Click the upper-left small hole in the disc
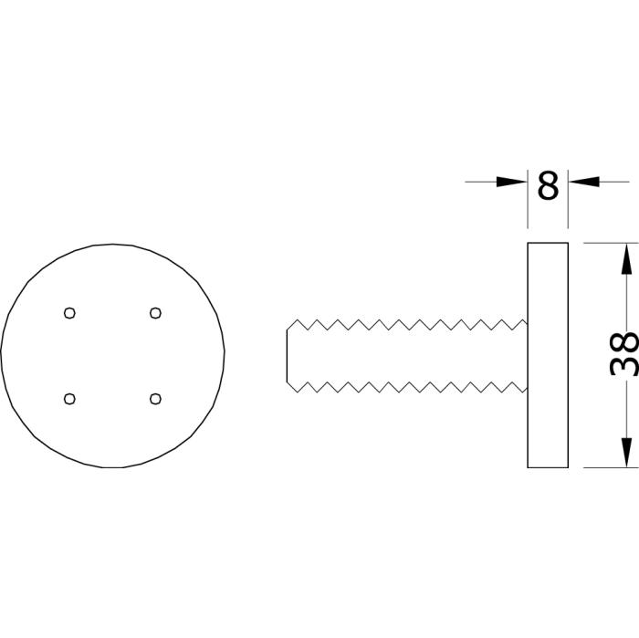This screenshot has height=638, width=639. click(69, 313)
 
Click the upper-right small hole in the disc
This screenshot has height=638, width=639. click(155, 313)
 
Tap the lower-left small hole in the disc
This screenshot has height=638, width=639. click(69, 399)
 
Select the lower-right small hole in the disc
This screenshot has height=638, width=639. click(155, 399)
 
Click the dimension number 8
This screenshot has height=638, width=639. click(548, 186)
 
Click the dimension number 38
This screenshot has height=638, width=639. click(623, 353)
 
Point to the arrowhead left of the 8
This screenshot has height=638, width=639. click(512, 182)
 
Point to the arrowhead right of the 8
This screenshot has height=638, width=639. click(583, 182)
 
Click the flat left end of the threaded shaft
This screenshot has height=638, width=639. click(287, 356)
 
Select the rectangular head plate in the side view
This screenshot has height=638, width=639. click(548, 355)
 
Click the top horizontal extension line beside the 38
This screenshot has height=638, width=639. click(612, 243)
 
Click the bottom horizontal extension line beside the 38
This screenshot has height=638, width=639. click(612, 467)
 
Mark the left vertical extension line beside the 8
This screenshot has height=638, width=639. click(528, 199)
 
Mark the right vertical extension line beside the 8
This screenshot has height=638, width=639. click(568, 199)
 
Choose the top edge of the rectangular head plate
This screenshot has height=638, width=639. click(548, 243)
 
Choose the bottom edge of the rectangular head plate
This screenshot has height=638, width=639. click(548, 467)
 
